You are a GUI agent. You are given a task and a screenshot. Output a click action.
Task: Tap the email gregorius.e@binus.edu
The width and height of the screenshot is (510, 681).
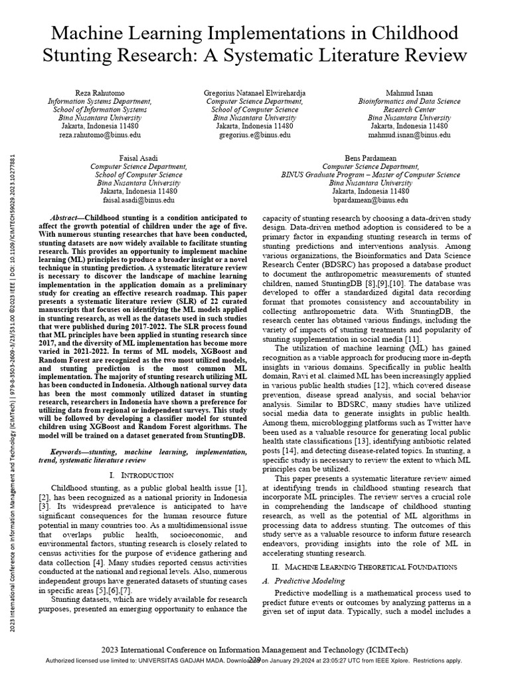[x=253, y=134]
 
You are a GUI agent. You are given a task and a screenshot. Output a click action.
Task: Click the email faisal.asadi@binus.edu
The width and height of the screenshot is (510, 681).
[x=137, y=200]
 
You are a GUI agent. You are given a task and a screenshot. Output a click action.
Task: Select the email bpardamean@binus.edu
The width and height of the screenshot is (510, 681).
[x=370, y=200]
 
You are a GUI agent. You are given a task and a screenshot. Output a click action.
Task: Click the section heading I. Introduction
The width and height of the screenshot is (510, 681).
[x=141, y=476]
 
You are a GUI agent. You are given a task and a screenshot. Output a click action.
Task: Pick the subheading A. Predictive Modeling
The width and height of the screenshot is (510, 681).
[x=299, y=581]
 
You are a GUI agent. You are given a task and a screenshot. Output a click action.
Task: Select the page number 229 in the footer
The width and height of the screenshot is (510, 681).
[x=254, y=660]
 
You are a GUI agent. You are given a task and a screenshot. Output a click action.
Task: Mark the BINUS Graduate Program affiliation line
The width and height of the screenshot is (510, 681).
[x=370, y=175]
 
